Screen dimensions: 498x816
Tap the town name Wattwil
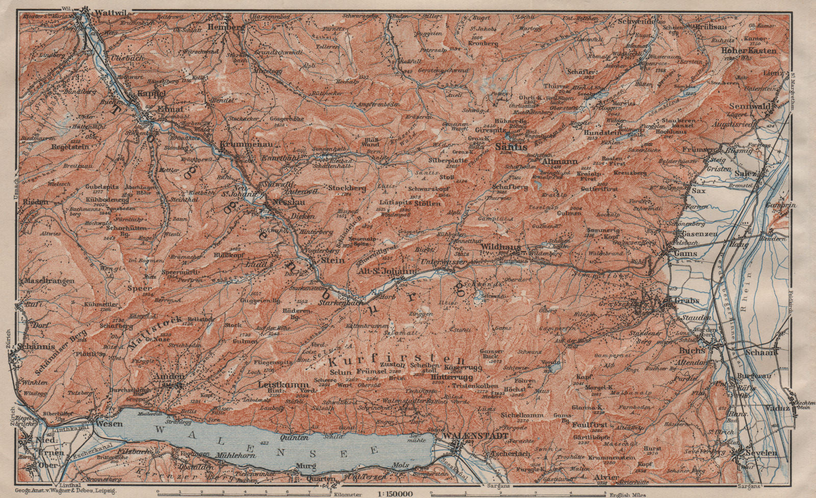click(104, 10)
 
